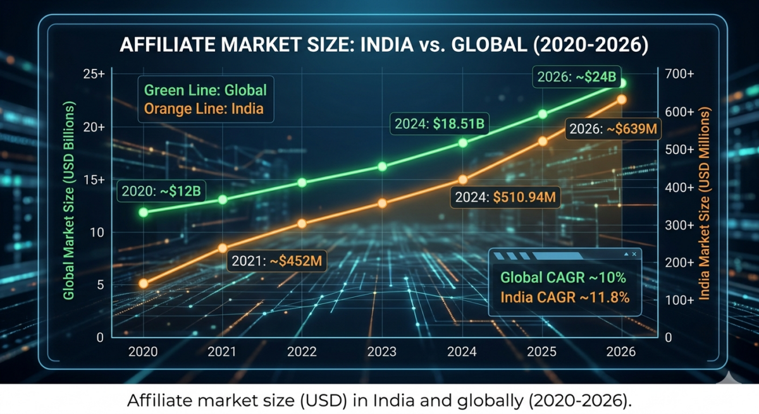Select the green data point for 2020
pyautogui.click(x=144, y=212)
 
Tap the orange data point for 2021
pyautogui.click(x=222, y=248)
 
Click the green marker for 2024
pyautogui.click(x=463, y=143)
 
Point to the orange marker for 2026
pyautogui.click(x=622, y=100)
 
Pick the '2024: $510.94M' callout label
pyautogui.click(x=505, y=197)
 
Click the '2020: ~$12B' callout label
pyautogui.click(x=161, y=190)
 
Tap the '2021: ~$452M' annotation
pyautogui.click(x=277, y=260)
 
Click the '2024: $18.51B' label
pyautogui.click(x=439, y=125)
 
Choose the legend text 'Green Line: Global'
pyautogui.click(x=206, y=90)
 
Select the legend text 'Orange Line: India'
pyautogui.click(x=204, y=109)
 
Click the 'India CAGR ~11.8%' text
pyautogui.click(x=565, y=297)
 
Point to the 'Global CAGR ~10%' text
pyautogui.click(x=563, y=277)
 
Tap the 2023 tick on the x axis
pyautogui.click(x=383, y=351)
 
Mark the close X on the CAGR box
pyautogui.click(x=634, y=253)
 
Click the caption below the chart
pyautogui.click(x=379, y=400)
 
